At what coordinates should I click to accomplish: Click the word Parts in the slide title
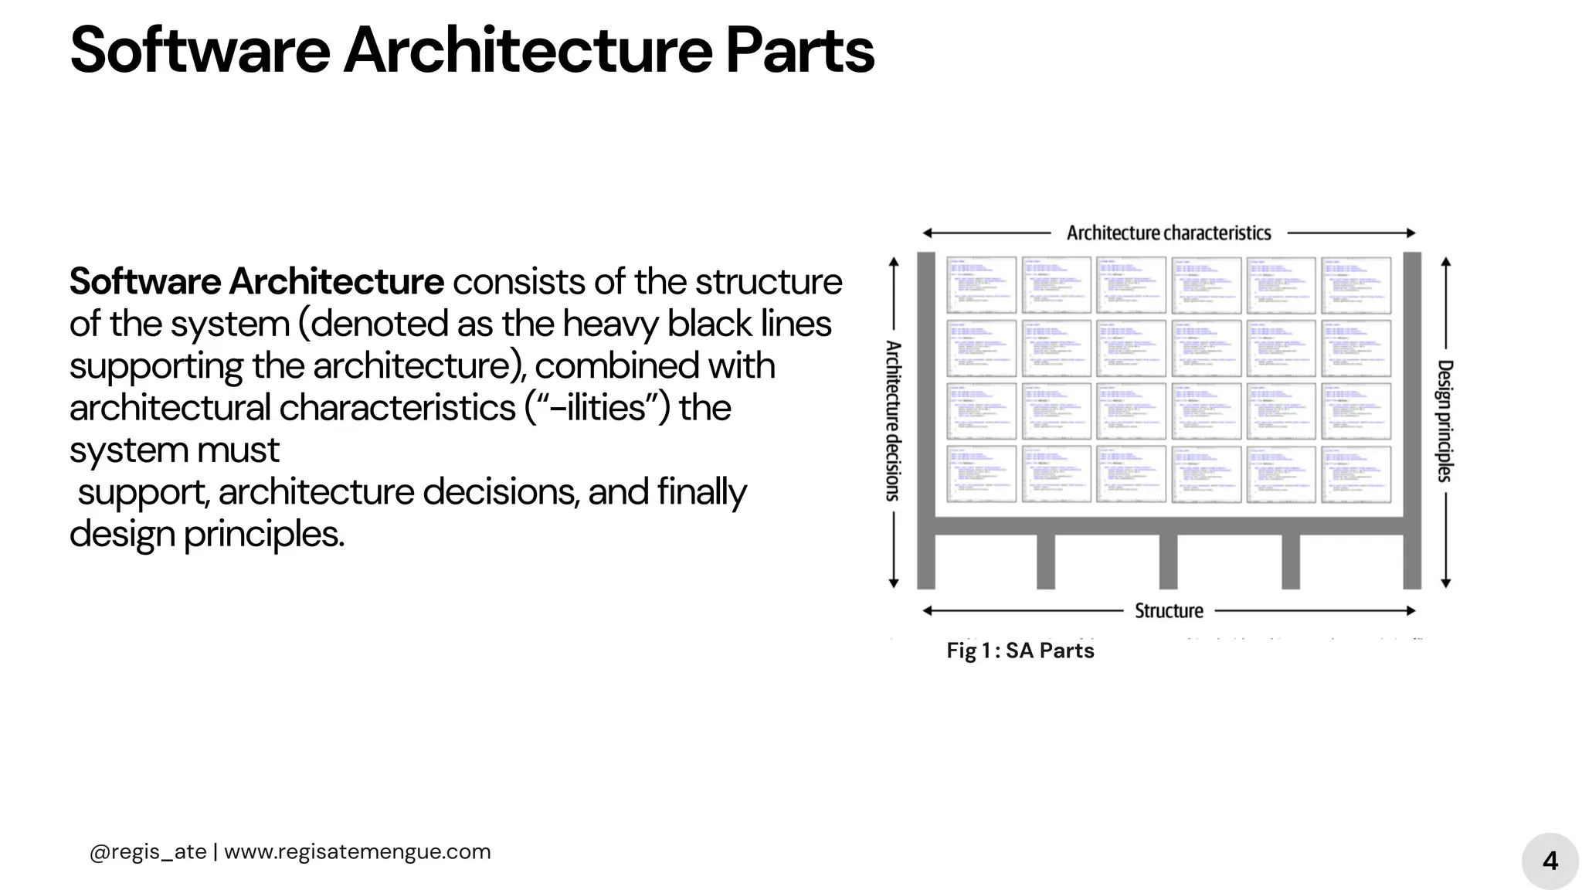(x=799, y=50)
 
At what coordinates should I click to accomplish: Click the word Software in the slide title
(x=199, y=50)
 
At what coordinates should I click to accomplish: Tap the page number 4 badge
(x=1550, y=861)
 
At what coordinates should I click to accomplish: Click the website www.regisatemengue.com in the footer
(x=357, y=851)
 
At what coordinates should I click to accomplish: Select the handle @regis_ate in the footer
(x=148, y=851)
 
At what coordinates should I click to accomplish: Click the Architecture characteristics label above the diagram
(x=1168, y=233)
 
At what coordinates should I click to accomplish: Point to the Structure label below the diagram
(x=1168, y=610)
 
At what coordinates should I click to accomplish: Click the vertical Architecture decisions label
(x=893, y=420)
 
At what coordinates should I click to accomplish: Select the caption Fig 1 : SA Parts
(x=1020, y=651)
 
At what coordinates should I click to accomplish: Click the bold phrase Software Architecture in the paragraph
(x=256, y=281)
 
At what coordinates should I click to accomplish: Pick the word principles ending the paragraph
(x=263, y=534)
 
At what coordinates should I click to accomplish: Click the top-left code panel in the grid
(x=981, y=285)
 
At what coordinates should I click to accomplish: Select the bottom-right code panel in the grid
(x=1356, y=474)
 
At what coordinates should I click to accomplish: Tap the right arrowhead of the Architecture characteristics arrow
(x=1411, y=233)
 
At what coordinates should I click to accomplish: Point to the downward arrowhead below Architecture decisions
(x=894, y=583)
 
